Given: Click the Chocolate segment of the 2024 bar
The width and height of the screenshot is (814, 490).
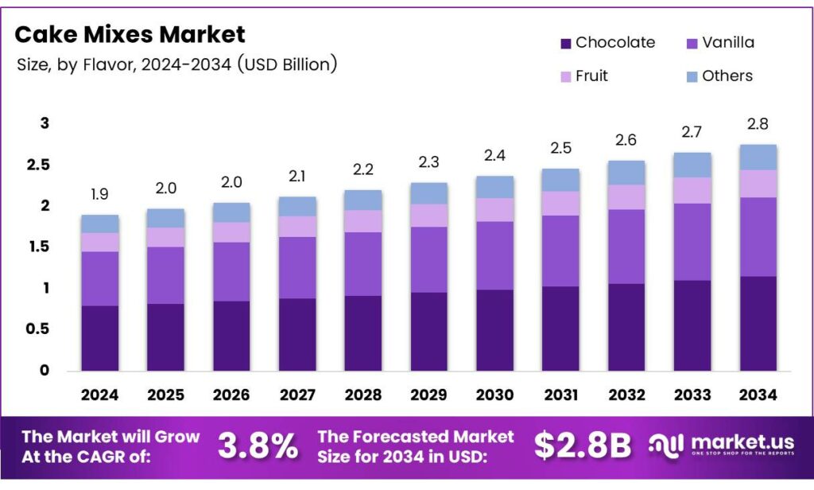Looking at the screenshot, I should [x=99, y=338].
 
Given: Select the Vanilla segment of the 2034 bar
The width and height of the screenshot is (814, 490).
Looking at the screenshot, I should [x=757, y=236].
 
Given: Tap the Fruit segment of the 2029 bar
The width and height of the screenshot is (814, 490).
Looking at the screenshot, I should [x=428, y=216].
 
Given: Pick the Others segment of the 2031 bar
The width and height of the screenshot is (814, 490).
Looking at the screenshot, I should [x=560, y=180].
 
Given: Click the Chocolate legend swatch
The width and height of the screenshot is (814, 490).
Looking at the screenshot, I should [x=566, y=43].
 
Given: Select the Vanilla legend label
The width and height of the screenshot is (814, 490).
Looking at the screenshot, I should [x=728, y=42].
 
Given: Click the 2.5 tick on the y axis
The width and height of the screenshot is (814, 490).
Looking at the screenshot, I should [x=39, y=165].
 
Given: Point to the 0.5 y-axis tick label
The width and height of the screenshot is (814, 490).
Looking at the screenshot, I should [x=39, y=329].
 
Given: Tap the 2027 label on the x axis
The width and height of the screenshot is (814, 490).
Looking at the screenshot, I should [x=297, y=395].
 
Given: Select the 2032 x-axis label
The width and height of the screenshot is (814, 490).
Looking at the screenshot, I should [x=626, y=395].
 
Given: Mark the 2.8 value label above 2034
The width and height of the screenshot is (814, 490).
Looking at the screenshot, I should [x=757, y=125].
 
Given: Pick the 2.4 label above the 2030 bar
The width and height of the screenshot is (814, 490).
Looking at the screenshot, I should [x=494, y=155].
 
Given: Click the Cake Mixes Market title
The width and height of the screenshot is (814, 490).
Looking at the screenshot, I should [x=130, y=34].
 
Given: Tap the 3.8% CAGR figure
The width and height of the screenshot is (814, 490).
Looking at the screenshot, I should [x=258, y=446].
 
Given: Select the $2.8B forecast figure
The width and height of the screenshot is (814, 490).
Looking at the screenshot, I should [x=584, y=446].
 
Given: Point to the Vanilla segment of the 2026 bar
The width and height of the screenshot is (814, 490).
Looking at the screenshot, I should [x=231, y=271].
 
